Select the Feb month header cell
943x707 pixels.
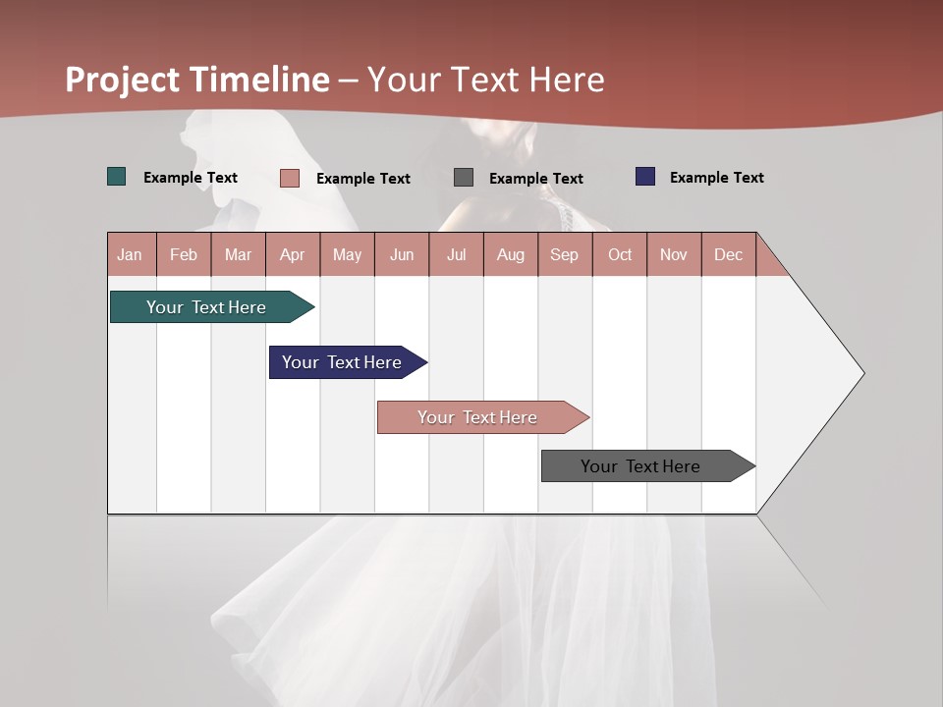(x=184, y=254)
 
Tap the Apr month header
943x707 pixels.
(x=293, y=254)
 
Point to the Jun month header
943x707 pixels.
(x=402, y=254)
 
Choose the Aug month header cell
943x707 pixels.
(x=511, y=254)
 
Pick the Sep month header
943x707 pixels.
(x=565, y=254)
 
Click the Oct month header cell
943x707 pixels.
(x=620, y=254)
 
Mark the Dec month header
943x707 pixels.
(x=729, y=254)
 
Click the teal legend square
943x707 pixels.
(x=117, y=177)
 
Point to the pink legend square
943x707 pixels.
(x=290, y=178)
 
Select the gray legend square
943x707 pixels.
(x=464, y=178)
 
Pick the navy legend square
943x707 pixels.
(x=645, y=177)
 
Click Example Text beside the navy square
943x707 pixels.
(x=716, y=178)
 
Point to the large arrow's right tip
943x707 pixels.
(x=861, y=373)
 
